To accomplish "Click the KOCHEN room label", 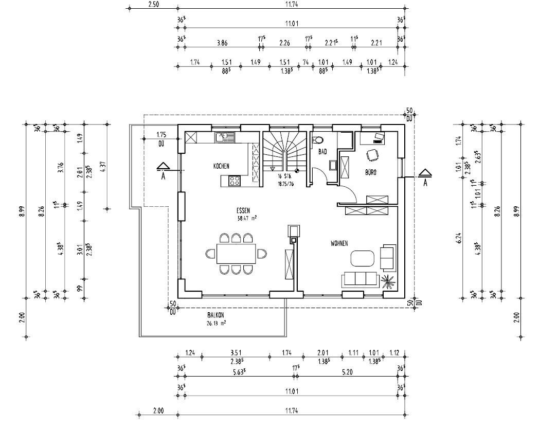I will click(x=221, y=166).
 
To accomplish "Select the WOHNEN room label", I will click(x=340, y=243).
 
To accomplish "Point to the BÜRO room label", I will click(x=371, y=173).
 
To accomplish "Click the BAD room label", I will click(x=322, y=152).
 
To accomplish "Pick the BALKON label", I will click(x=216, y=316).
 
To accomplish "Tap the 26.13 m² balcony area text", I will click(x=216, y=324).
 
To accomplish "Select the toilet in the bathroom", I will click(x=319, y=139).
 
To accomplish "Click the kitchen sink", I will click(x=224, y=137).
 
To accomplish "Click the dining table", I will click(x=236, y=254).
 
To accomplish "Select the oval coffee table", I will click(x=363, y=257).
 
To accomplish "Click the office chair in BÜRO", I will click(x=371, y=155).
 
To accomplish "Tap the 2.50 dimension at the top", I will click(x=153, y=4).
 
